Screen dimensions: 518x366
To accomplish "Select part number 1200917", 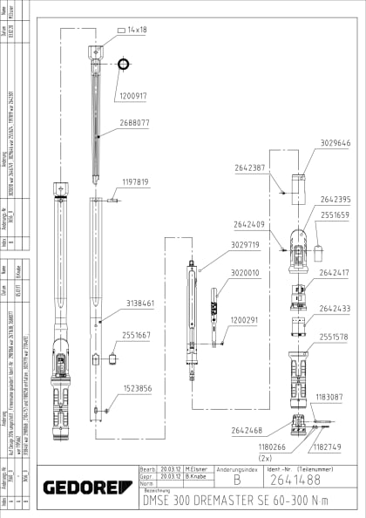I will coord(133,95).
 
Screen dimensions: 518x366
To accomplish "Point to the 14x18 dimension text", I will coord(139,29).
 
